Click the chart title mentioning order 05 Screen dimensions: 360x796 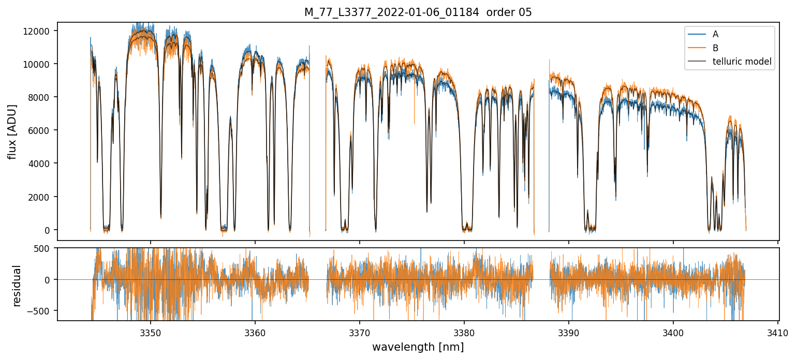pos(418,12)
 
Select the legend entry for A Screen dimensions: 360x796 pos(715,34)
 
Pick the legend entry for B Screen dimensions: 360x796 pos(715,48)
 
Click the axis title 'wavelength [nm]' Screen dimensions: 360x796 pos(418,347)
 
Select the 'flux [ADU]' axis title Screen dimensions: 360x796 pos(12,131)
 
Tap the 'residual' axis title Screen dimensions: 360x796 pos(17,286)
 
